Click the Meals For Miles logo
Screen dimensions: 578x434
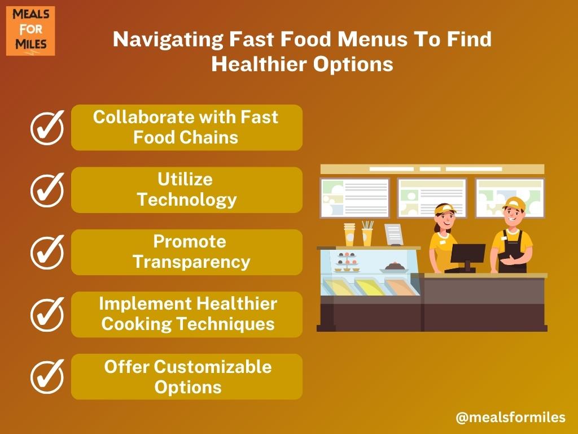pos(30,31)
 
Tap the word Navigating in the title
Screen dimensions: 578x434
pos(168,40)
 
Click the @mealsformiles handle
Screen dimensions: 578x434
pos(510,418)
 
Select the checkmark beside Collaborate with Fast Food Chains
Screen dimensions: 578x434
pos(47,127)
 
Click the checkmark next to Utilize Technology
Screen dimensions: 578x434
pos(47,190)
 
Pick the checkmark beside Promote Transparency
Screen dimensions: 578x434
pos(47,252)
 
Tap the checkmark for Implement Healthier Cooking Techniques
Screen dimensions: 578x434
pos(47,314)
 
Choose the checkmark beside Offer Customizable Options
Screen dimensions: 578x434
pos(47,376)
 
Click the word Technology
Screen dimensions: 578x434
pos(187,200)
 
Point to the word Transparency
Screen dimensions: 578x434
pos(192,262)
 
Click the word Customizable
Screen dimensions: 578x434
pos(213,367)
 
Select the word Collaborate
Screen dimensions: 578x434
pos(144,117)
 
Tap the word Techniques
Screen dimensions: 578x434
pos(226,324)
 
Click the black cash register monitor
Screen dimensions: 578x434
pos(467,255)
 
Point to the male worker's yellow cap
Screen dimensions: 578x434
pos(515,203)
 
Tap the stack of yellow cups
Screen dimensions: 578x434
pos(349,235)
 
